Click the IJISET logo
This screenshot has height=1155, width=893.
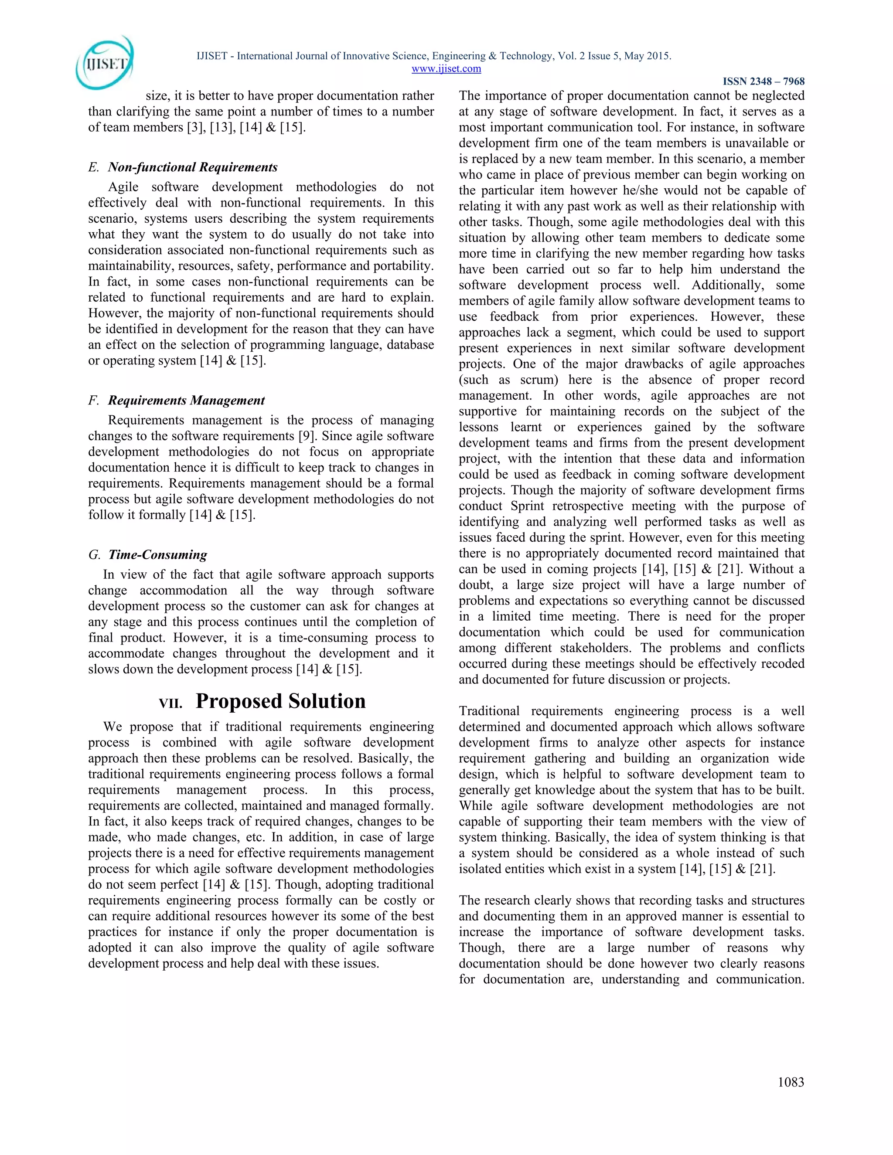pos(105,62)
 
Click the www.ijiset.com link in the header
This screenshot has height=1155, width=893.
pos(446,69)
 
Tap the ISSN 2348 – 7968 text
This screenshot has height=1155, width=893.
pos(763,82)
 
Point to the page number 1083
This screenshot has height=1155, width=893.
pos(791,1082)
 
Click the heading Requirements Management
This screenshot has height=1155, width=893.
pos(186,401)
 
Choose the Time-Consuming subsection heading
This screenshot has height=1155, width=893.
pos(158,555)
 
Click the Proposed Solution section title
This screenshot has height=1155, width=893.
pos(280,701)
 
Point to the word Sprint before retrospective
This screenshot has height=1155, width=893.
pos(528,506)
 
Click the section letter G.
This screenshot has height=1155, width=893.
pos(94,555)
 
